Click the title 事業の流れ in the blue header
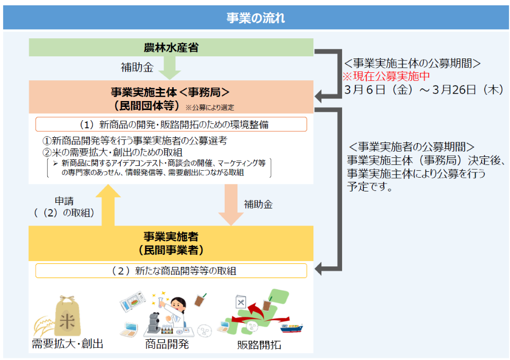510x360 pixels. click(256, 18)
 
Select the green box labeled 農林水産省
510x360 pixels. click(171, 47)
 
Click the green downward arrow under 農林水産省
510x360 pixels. click(169, 68)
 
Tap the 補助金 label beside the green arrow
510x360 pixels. click(137, 68)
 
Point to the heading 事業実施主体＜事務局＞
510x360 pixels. click(170, 92)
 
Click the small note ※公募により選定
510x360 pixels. click(210, 107)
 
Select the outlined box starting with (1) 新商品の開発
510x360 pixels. click(171, 124)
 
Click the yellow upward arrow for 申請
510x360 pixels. click(108, 205)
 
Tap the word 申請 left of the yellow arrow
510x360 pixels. click(64, 201)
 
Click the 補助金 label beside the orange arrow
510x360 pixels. click(258, 204)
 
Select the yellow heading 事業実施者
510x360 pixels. click(171, 237)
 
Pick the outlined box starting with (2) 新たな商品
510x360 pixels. click(171, 271)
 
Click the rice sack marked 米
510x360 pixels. click(67, 316)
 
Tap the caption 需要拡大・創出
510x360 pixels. click(67, 344)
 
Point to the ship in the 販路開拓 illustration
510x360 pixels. click(292, 327)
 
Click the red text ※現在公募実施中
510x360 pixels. click(386, 76)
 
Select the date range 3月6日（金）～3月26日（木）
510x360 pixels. click(424, 89)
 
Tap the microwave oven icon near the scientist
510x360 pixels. click(133, 301)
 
